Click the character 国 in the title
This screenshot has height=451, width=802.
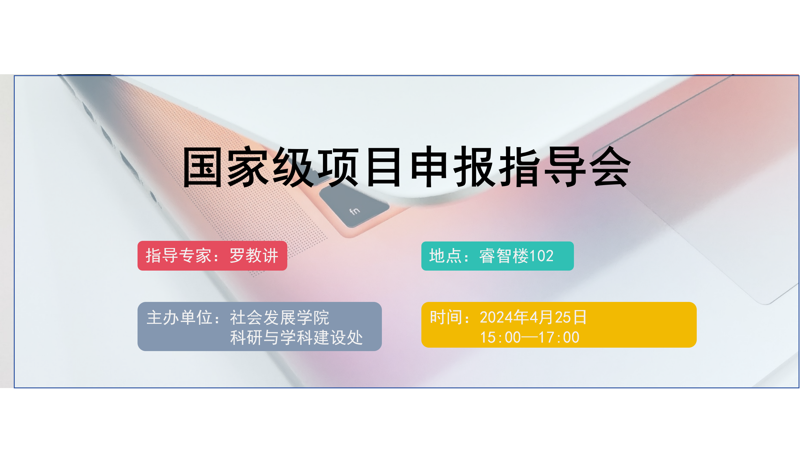click(x=202, y=167)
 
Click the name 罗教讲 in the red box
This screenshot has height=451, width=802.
click(x=254, y=256)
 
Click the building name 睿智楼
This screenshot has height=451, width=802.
click(x=504, y=256)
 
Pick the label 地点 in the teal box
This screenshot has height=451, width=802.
click(x=445, y=256)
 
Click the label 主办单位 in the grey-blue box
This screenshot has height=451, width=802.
click(x=179, y=318)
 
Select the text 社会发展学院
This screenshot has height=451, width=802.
click(x=279, y=318)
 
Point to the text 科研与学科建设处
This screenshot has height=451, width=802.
click(x=296, y=338)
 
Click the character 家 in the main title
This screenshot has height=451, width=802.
click(x=247, y=167)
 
